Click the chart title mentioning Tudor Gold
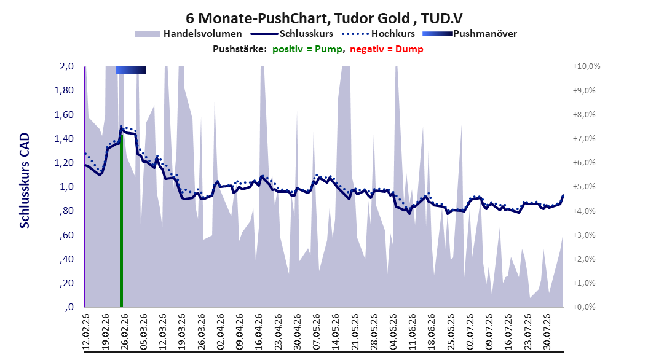[324, 18]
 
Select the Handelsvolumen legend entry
[189, 34]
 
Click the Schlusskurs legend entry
[292, 34]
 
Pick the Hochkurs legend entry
[379, 34]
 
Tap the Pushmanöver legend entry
[470, 34]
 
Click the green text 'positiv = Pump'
[307, 49]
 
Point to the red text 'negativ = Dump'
[387, 49]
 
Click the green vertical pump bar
[122, 221]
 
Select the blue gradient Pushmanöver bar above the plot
[131, 70]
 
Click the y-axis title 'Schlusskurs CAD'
[25, 181]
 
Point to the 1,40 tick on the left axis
[64, 139]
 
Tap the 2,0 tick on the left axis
[66, 66]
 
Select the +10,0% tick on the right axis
[587, 66]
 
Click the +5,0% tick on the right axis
[584, 187]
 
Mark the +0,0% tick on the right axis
[584, 307]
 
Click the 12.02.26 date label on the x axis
[86, 332]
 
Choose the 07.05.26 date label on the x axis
[317, 332]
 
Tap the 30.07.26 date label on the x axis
[547, 332]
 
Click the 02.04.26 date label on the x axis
[221, 332]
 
